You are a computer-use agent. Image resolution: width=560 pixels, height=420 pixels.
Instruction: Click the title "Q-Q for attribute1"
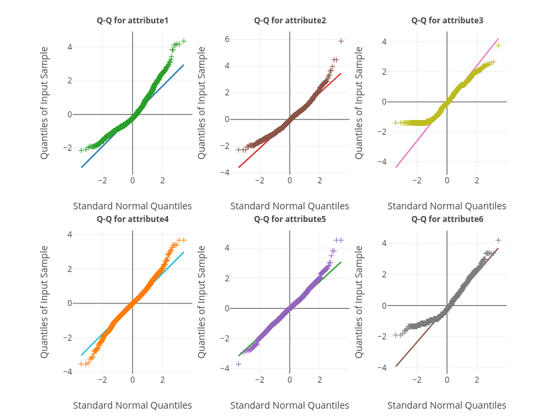point(132,21)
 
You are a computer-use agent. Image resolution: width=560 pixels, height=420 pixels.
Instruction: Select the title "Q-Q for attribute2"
point(289,21)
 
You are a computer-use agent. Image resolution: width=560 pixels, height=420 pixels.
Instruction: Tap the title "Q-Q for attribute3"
point(447,21)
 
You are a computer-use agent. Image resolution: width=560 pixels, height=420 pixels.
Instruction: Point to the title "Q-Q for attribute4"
point(132,219)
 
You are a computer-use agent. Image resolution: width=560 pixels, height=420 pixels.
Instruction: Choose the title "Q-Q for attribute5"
point(289,219)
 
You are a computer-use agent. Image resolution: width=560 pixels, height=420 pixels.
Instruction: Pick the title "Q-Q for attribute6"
point(447,219)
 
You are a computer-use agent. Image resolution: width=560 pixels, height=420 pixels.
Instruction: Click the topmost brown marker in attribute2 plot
point(341,41)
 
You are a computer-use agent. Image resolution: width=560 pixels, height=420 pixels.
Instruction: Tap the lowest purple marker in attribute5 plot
point(238,364)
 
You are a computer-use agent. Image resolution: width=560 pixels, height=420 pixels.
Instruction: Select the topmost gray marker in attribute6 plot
point(498,240)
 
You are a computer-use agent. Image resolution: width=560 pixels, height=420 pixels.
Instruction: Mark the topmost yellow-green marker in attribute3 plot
point(498,46)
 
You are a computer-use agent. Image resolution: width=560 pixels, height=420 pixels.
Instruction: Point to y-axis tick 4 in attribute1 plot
point(69,47)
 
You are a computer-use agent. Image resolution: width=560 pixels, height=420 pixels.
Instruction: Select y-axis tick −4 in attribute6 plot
point(384,367)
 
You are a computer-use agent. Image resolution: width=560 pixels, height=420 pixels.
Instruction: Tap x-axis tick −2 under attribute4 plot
point(102,379)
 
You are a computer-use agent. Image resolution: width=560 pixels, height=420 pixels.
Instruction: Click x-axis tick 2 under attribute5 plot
point(319,379)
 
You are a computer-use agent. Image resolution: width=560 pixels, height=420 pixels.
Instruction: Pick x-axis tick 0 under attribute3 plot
point(447,180)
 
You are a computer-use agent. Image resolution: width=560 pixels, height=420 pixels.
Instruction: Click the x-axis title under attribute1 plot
point(132,206)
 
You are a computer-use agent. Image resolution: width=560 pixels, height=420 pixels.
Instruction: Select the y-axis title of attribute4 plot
point(45,302)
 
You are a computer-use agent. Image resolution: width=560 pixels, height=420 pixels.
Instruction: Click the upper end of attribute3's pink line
point(498,39)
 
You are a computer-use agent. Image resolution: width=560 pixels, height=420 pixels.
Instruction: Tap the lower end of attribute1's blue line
point(81,167)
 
